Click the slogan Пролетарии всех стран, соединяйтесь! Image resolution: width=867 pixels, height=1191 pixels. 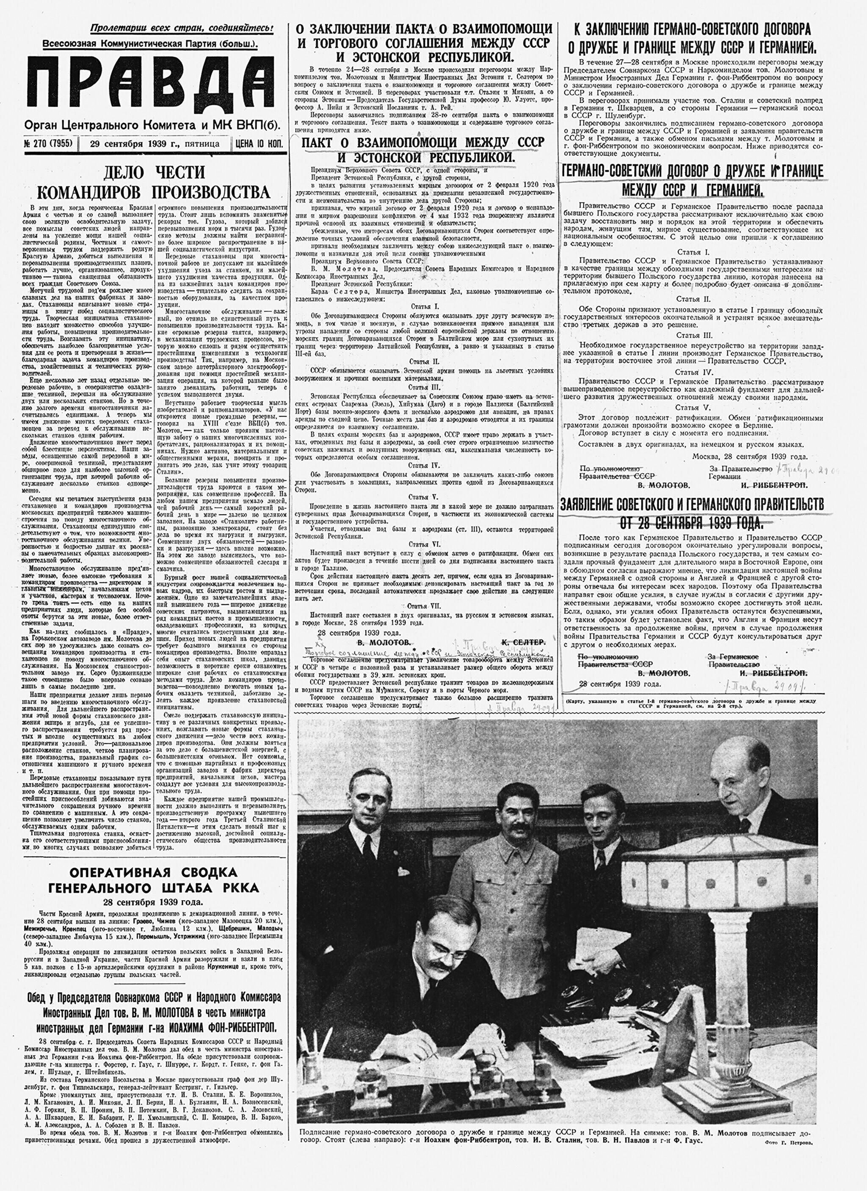pyautogui.click(x=181, y=28)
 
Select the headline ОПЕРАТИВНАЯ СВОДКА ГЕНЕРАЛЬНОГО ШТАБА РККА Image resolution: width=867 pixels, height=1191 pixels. pyautogui.click(x=154, y=880)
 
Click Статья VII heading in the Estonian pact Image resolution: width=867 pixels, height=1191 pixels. pyautogui.click(x=424, y=606)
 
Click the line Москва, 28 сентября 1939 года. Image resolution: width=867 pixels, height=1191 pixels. pyautogui.click(x=749, y=456)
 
